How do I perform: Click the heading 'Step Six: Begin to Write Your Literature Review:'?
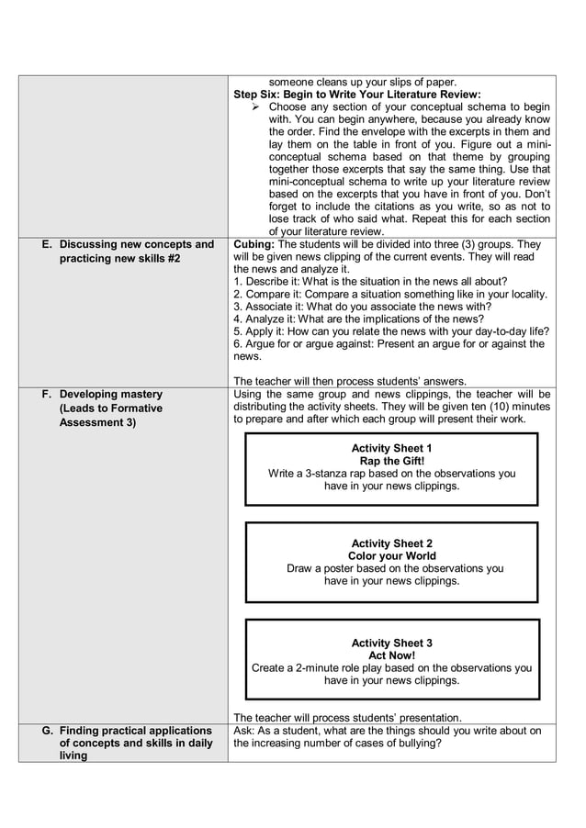pos(356,95)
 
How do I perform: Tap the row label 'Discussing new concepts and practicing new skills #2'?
pos(136,252)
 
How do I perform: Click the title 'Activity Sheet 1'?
pos(391,448)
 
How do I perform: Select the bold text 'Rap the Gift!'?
pos(391,461)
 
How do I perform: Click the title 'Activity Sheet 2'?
pos(391,543)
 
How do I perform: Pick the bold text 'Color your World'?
pos(391,556)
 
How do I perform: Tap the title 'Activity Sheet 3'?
pos(391,643)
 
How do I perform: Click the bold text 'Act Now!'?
pos(391,656)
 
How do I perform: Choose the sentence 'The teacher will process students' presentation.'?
pos(348,718)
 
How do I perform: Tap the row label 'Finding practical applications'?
pos(135,731)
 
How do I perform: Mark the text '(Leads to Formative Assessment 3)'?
pos(110,415)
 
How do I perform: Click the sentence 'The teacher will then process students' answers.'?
pos(350,382)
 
